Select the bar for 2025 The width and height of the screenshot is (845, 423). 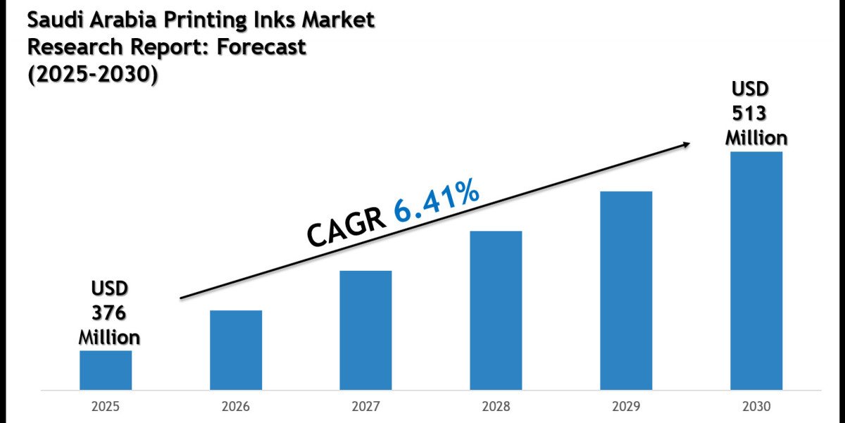point(106,370)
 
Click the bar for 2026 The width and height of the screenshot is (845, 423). point(236,350)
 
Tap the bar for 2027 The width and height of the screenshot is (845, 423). point(365,330)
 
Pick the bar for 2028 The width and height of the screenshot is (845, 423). point(496,310)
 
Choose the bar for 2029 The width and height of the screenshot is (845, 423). point(626,290)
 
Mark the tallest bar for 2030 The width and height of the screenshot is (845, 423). point(756,271)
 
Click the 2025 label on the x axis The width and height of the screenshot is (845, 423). point(106,407)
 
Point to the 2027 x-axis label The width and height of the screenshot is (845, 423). point(365,407)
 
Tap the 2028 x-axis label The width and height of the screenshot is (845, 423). point(496,407)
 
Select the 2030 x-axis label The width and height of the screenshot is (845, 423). point(756,407)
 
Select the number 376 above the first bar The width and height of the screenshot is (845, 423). point(109,312)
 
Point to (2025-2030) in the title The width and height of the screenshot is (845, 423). point(92,74)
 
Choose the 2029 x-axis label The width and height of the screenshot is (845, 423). point(626,407)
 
